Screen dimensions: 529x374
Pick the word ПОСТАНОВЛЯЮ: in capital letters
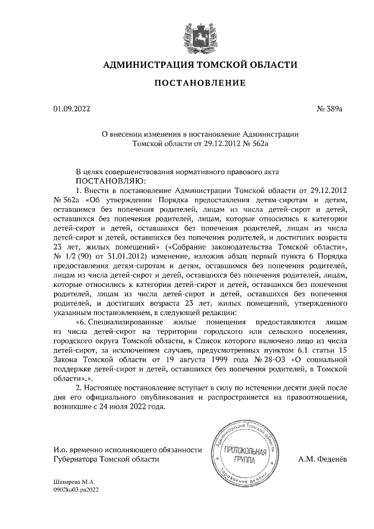109,181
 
